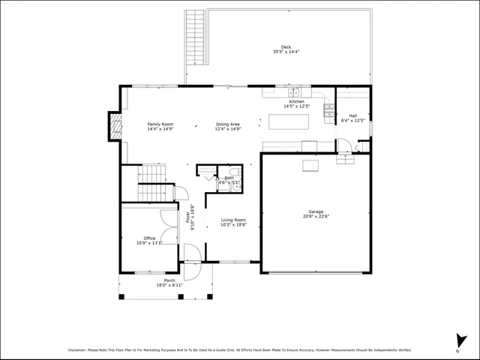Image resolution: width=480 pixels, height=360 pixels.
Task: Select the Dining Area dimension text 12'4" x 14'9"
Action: (x=228, y=129)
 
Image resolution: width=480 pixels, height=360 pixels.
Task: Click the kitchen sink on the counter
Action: (x=292, y=93)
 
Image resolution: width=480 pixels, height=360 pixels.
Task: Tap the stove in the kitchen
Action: (x=328, y=111)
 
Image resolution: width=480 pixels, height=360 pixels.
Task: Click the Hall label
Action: (x=353, y=115)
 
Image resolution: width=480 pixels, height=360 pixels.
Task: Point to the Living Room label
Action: (x=232, y=219)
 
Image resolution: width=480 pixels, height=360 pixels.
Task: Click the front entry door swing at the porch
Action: (x=192, y=270)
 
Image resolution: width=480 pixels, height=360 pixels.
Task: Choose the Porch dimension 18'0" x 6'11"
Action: (x=169, y=285)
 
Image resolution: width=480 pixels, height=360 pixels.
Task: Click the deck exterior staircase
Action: (x=194, y=37)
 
